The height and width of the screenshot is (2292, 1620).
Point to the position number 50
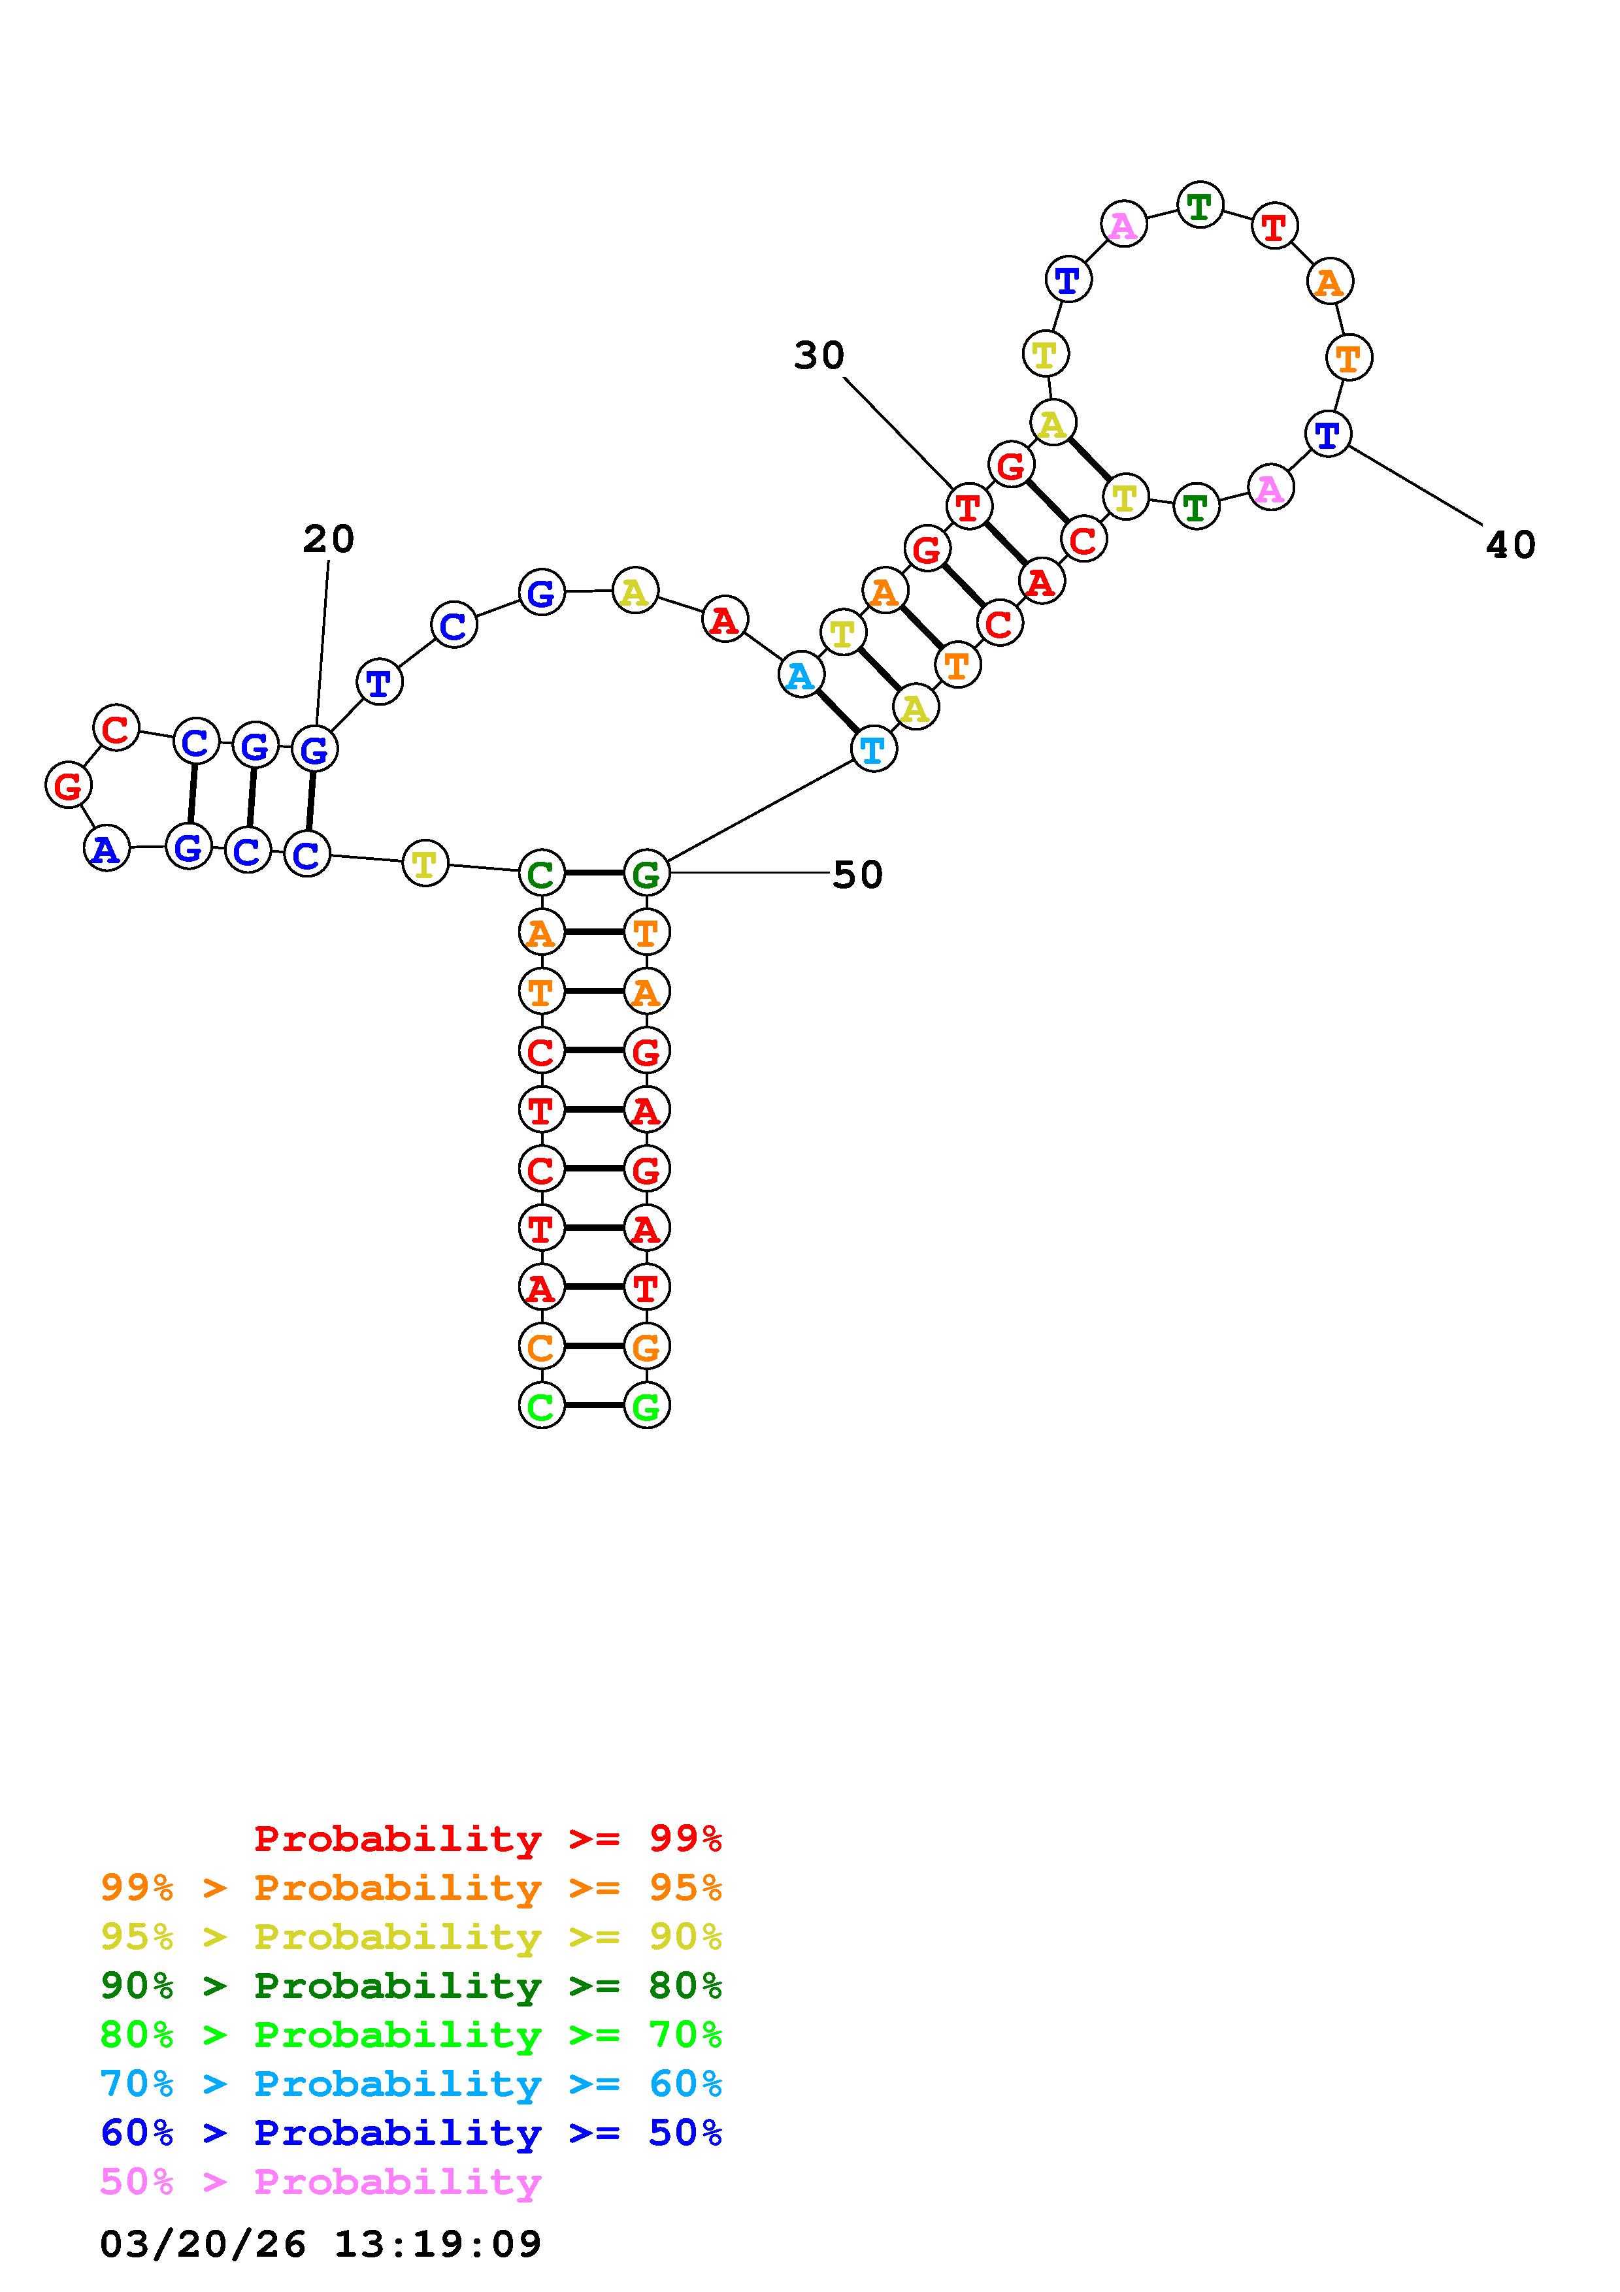pos(857,876)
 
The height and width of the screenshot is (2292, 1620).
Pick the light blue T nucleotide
pos(873,749)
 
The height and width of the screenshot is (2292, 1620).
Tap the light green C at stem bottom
pos(540,1405)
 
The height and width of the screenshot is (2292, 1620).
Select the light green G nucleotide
pos(646,1405)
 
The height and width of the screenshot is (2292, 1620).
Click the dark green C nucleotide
pos(540,874)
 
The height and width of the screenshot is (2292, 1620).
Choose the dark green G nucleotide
pos(646,874)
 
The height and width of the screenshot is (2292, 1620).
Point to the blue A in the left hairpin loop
pos(106,849)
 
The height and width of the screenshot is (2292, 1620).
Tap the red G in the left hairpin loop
pos(68,785)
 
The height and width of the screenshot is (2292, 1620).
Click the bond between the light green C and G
pos(593,1405)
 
